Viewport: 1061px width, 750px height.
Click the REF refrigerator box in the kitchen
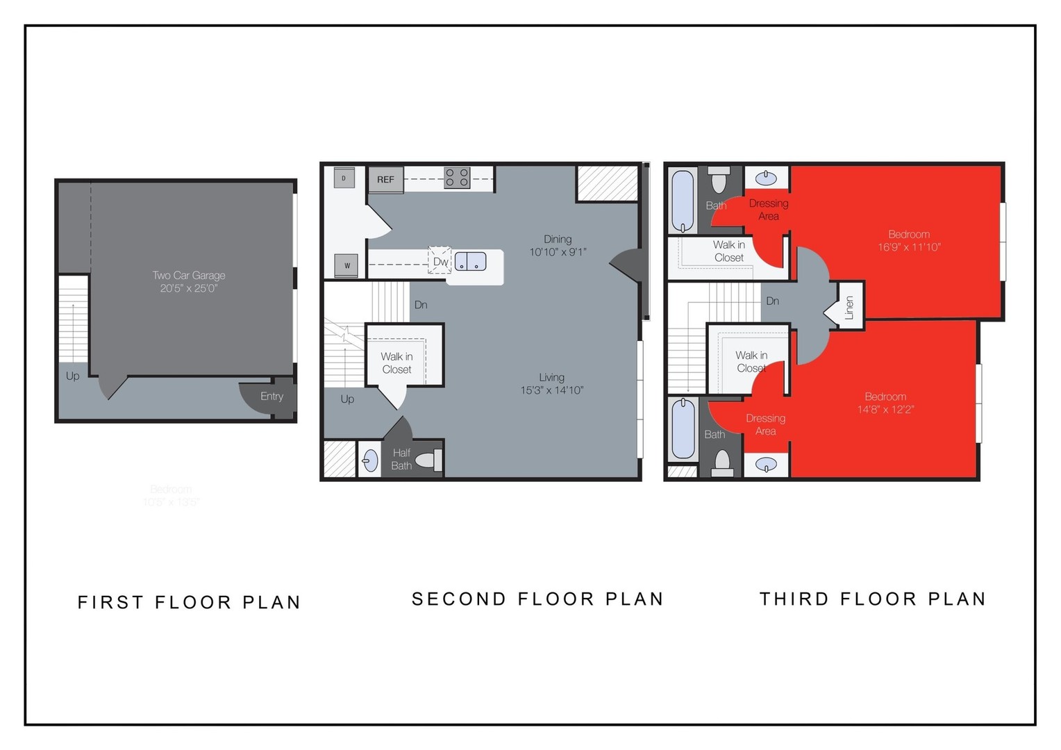tap(385, 179)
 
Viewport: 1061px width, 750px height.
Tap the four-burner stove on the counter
tap(457, 178)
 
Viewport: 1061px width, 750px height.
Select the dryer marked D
tap(344, 178)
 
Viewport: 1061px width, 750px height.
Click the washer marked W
tap(346, 265)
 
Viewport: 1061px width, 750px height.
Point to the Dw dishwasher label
tap(440, 262)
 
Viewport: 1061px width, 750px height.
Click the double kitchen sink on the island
tap(470, 262)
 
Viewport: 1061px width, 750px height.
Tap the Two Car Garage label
tap(189, 281)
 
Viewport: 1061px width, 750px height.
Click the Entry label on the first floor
tap(271, 396)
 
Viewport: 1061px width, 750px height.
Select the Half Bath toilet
tap(433, 460)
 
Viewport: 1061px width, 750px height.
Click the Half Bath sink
tap(371, 460)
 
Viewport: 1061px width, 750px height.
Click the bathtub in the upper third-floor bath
tap(683, 201)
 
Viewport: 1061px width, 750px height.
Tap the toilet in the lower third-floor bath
tap(722, 461)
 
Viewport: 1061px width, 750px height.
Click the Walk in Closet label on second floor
tap(396, 362)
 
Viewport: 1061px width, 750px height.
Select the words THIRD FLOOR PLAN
tap(873, 599)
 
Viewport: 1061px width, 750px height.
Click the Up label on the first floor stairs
tap(72, 376)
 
